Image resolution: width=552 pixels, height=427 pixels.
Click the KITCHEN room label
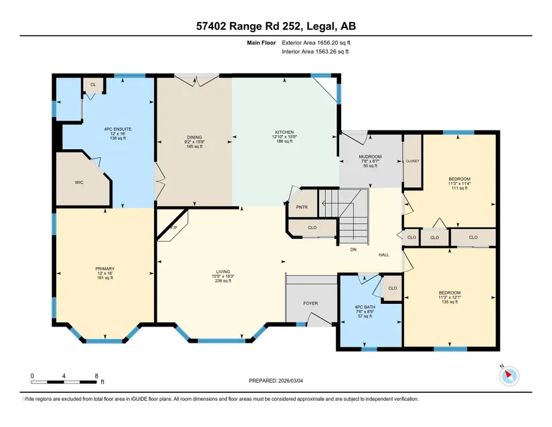[x=284, y=133]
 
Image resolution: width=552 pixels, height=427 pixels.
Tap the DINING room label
[x=194, y=137]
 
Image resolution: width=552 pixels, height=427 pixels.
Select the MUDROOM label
[x=370, y=157]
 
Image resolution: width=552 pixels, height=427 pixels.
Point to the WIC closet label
[x=79, y=182]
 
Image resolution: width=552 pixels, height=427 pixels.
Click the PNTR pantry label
[x=302, y=207]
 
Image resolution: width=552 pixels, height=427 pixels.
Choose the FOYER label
[x=310, y=303]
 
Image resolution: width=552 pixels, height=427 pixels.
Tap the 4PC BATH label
[x=365, y=307]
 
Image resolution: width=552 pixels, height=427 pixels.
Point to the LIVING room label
[x=223, y=272]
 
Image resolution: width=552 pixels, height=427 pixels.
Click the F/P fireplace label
[x=173, y=228]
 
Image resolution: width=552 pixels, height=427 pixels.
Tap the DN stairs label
[x=353, y=250]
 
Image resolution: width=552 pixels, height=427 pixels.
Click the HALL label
[x=384, y=255]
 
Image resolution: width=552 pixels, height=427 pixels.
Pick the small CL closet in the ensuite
[x=93, y=84]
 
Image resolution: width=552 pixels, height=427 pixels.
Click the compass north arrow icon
[x=509, y=376]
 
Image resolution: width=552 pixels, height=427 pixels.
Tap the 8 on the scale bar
[x=96, y=376]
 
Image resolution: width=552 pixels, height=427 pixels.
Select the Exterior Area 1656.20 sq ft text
[x=316, y=43]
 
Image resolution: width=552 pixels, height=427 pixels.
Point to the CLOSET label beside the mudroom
[x=413, y=161]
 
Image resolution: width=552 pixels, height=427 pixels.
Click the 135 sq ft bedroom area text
[x=450, y=302]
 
